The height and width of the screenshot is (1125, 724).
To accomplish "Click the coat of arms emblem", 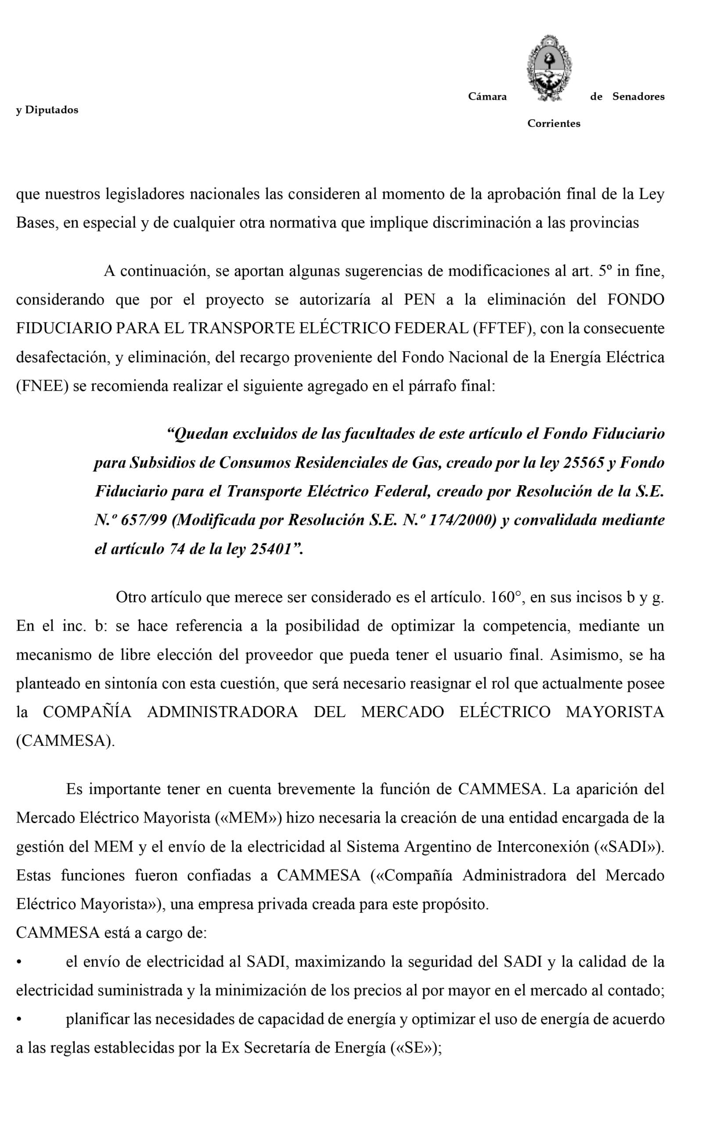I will tap(549, 68).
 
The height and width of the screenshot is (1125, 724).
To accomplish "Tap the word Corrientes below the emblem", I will tap(553, 124).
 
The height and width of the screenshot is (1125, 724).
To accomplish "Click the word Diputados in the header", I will tap(51, 110).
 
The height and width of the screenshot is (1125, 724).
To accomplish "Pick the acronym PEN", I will tap(419, 300).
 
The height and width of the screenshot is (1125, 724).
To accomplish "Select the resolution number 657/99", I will tap(144, 520).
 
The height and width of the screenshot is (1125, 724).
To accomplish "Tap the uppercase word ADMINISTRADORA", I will tap(222, 712).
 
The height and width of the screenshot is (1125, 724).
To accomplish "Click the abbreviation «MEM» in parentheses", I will tap(248, 818).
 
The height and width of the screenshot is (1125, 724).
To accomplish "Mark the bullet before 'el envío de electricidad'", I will tap(19, 963).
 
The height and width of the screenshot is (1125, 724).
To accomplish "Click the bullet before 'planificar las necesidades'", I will tap(19, 1020).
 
